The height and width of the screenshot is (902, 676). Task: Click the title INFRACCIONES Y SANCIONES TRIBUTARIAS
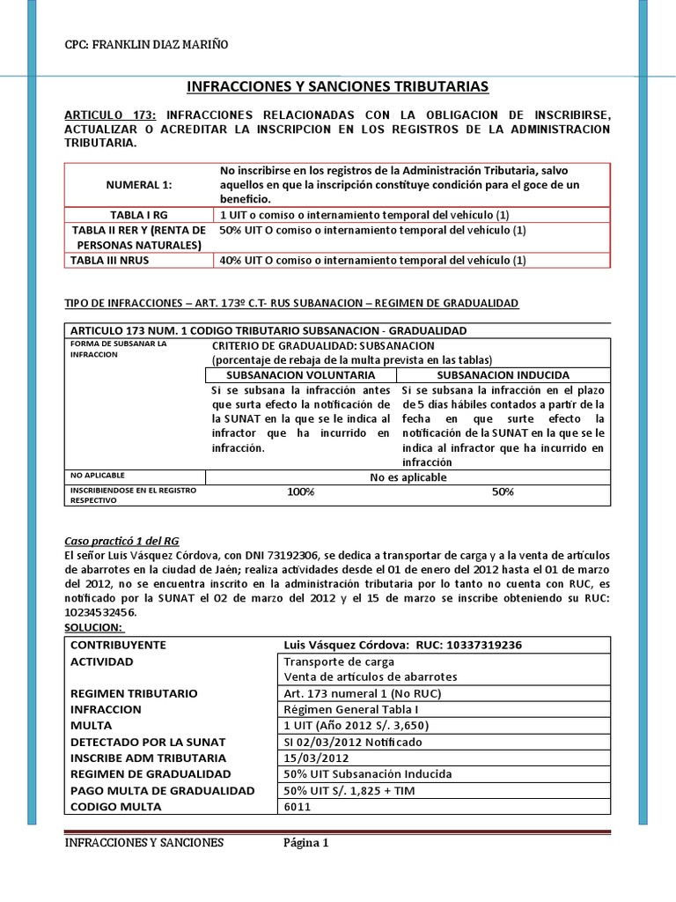tap(338, 86)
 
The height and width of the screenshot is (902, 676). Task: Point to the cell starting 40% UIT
tap(371, 260)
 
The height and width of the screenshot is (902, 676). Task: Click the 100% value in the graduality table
tap(300, 492)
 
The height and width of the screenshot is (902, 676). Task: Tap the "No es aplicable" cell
tap(408, 477)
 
